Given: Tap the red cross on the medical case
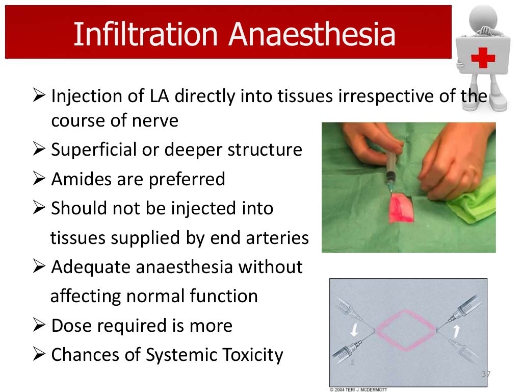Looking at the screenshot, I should click(482, 57).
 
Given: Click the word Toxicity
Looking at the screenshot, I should click(250, 355).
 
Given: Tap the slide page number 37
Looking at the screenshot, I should click(486, 374).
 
